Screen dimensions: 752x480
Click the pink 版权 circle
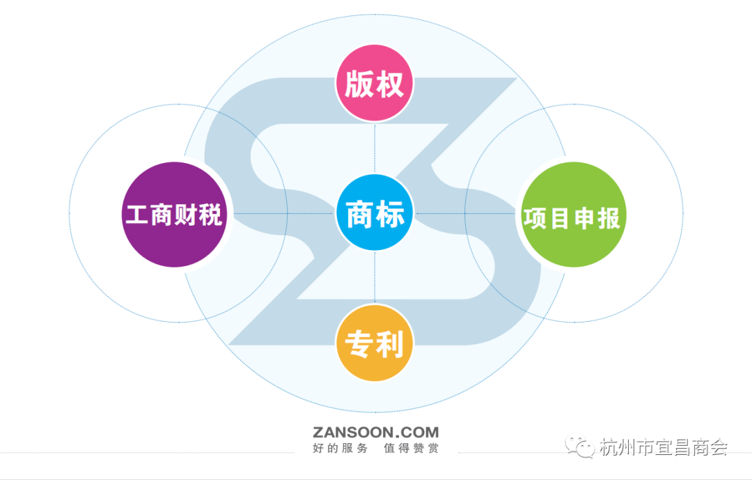[374, 83]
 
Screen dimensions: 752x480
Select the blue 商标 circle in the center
[375, 213]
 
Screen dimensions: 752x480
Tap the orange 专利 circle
[375, 343]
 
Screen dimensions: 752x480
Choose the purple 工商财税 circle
[174, 215]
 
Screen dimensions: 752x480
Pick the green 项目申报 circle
[573, 215]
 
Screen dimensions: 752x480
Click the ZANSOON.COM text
[375, 433]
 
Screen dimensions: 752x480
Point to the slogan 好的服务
[340, 449]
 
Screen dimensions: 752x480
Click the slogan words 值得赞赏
[411, 449]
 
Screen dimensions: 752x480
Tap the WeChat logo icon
[580, 446]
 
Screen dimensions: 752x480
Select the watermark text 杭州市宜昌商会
[664, 447]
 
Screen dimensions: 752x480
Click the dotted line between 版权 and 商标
[375, 148]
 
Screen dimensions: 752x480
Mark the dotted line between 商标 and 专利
[375, 279]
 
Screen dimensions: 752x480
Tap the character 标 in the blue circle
[390, 214]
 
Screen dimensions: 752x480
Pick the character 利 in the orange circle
[389, 344]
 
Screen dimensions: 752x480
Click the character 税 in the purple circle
[210, 215]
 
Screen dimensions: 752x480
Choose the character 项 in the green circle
[535, 218]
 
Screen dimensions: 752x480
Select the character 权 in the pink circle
[389, 84]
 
